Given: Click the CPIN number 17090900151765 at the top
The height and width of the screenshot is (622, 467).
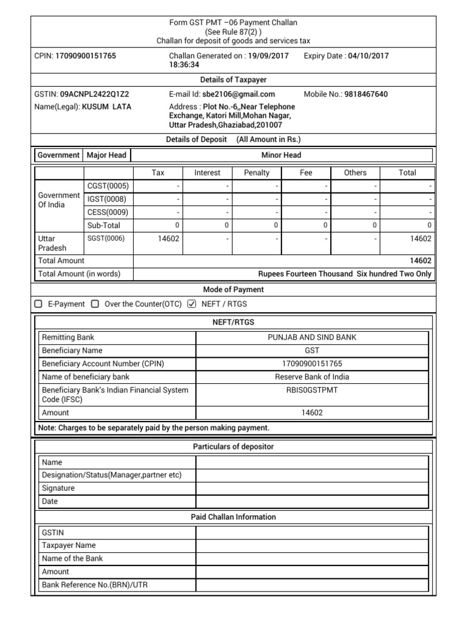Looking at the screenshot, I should click(x=86, y=56).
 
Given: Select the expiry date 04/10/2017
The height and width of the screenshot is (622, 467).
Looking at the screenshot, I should click(x=368, y=56).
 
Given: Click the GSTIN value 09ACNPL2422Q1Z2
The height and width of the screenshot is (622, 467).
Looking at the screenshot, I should click(x=94, y=94).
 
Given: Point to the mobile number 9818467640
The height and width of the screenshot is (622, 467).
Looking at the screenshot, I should click(x=366, y=94).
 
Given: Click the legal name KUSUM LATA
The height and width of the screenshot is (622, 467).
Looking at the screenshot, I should click(x=106, y=107).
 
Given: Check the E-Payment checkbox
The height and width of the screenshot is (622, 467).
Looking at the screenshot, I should click(x=39, y=304).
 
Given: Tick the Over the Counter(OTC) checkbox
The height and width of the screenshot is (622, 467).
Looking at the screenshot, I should click(x=95, y=304).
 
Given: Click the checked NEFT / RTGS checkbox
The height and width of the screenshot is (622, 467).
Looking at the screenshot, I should click(x=192, y=304).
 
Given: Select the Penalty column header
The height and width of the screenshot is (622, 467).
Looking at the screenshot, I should click(x=257, y=173).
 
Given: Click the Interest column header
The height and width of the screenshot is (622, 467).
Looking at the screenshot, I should click(x=207, y=173).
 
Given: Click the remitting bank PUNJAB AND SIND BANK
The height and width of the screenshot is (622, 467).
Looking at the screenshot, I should click(x=312, y=337).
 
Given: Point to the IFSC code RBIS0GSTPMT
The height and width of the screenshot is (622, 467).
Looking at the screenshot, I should click(x=312, y=390).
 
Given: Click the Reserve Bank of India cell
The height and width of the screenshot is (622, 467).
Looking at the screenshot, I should click(x=312, y=377).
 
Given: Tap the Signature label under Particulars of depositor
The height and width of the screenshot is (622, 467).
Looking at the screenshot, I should click(x=58, y=488).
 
